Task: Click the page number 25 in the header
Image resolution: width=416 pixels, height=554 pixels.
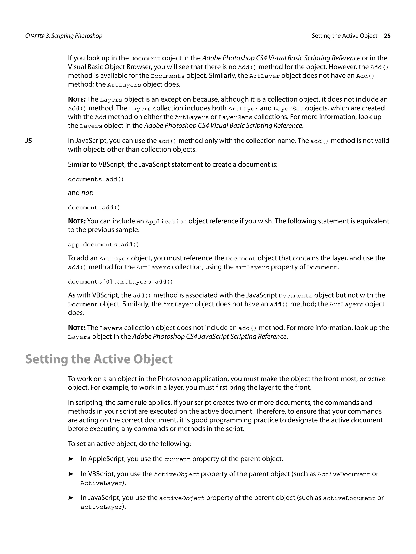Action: tap(387, 36)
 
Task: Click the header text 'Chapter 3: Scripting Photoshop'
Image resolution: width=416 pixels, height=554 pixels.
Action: tap(64, 36)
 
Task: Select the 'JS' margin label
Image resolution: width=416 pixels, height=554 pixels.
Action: tap(29, 141)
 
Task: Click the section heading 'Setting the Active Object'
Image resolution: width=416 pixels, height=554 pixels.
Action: tap(99, 359)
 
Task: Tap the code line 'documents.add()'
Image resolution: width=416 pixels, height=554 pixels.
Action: tap(96, 179)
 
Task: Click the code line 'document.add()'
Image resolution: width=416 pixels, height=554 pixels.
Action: tap(94, 208)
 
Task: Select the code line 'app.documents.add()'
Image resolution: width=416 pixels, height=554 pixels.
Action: tap(103, 245)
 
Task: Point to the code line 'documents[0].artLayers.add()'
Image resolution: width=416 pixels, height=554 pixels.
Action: tap(120, 282)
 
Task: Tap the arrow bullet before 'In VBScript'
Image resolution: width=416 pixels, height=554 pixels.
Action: tap(71, 474)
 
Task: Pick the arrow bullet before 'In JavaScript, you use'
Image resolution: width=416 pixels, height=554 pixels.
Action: tap(71, 498)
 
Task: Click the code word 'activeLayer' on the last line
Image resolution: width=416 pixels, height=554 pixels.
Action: tap(101, 507)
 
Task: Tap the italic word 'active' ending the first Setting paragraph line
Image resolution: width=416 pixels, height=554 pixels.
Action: tap(376, 379)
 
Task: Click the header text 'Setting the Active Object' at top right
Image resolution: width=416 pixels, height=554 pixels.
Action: tap(344, 36)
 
